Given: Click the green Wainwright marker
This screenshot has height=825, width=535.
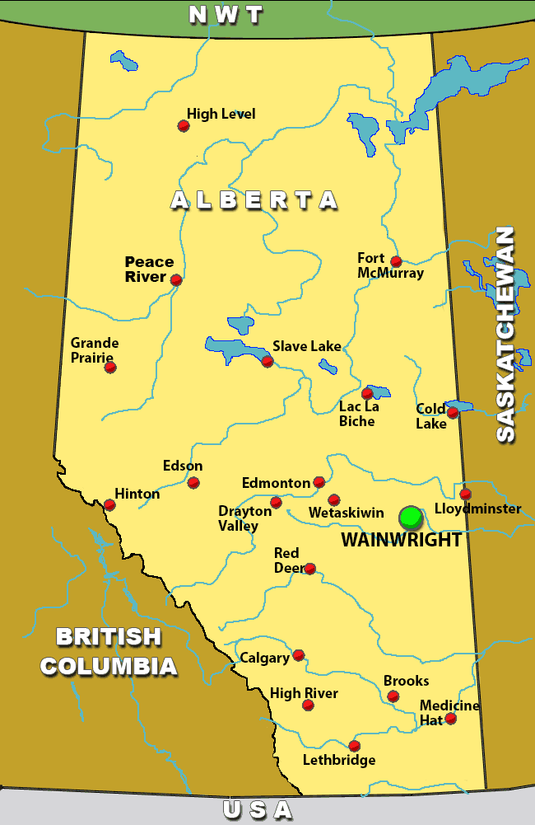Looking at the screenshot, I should coord(411,517).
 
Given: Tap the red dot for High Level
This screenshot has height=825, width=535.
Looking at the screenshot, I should coord(184,126).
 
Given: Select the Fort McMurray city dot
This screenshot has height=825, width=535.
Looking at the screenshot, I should coord(396,261).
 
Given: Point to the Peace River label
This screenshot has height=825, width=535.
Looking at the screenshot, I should coord(149,270).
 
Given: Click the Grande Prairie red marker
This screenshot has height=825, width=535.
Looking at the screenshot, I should coord(110,367).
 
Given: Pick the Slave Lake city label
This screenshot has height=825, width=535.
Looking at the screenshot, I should coord(306,346).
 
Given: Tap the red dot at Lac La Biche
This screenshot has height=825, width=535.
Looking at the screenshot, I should coord(367,393).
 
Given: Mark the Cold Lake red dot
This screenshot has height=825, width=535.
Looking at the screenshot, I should coord(452,412).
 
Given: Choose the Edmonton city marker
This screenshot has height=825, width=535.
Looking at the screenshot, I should coord(319,482).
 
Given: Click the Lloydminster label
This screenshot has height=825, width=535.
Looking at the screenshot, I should coord(477,509).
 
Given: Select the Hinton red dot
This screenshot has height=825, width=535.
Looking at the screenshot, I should coord(109,504).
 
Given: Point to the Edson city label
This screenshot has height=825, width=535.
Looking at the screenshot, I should coord(183,466).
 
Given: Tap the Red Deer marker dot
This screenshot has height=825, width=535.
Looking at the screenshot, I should coord(309,569).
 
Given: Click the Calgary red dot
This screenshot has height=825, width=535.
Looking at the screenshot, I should coord(299,655).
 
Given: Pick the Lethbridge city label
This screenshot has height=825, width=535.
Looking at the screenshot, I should coord(339,760).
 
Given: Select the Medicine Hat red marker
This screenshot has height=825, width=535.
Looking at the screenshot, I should coord(450,719).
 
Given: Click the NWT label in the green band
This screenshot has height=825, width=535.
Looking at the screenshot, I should coord(226,15).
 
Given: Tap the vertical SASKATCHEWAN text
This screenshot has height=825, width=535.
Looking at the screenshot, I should coord(505,334).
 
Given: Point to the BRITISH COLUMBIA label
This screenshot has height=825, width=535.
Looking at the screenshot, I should coord(109,651).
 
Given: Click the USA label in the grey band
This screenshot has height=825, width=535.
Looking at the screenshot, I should coord(258,810).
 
